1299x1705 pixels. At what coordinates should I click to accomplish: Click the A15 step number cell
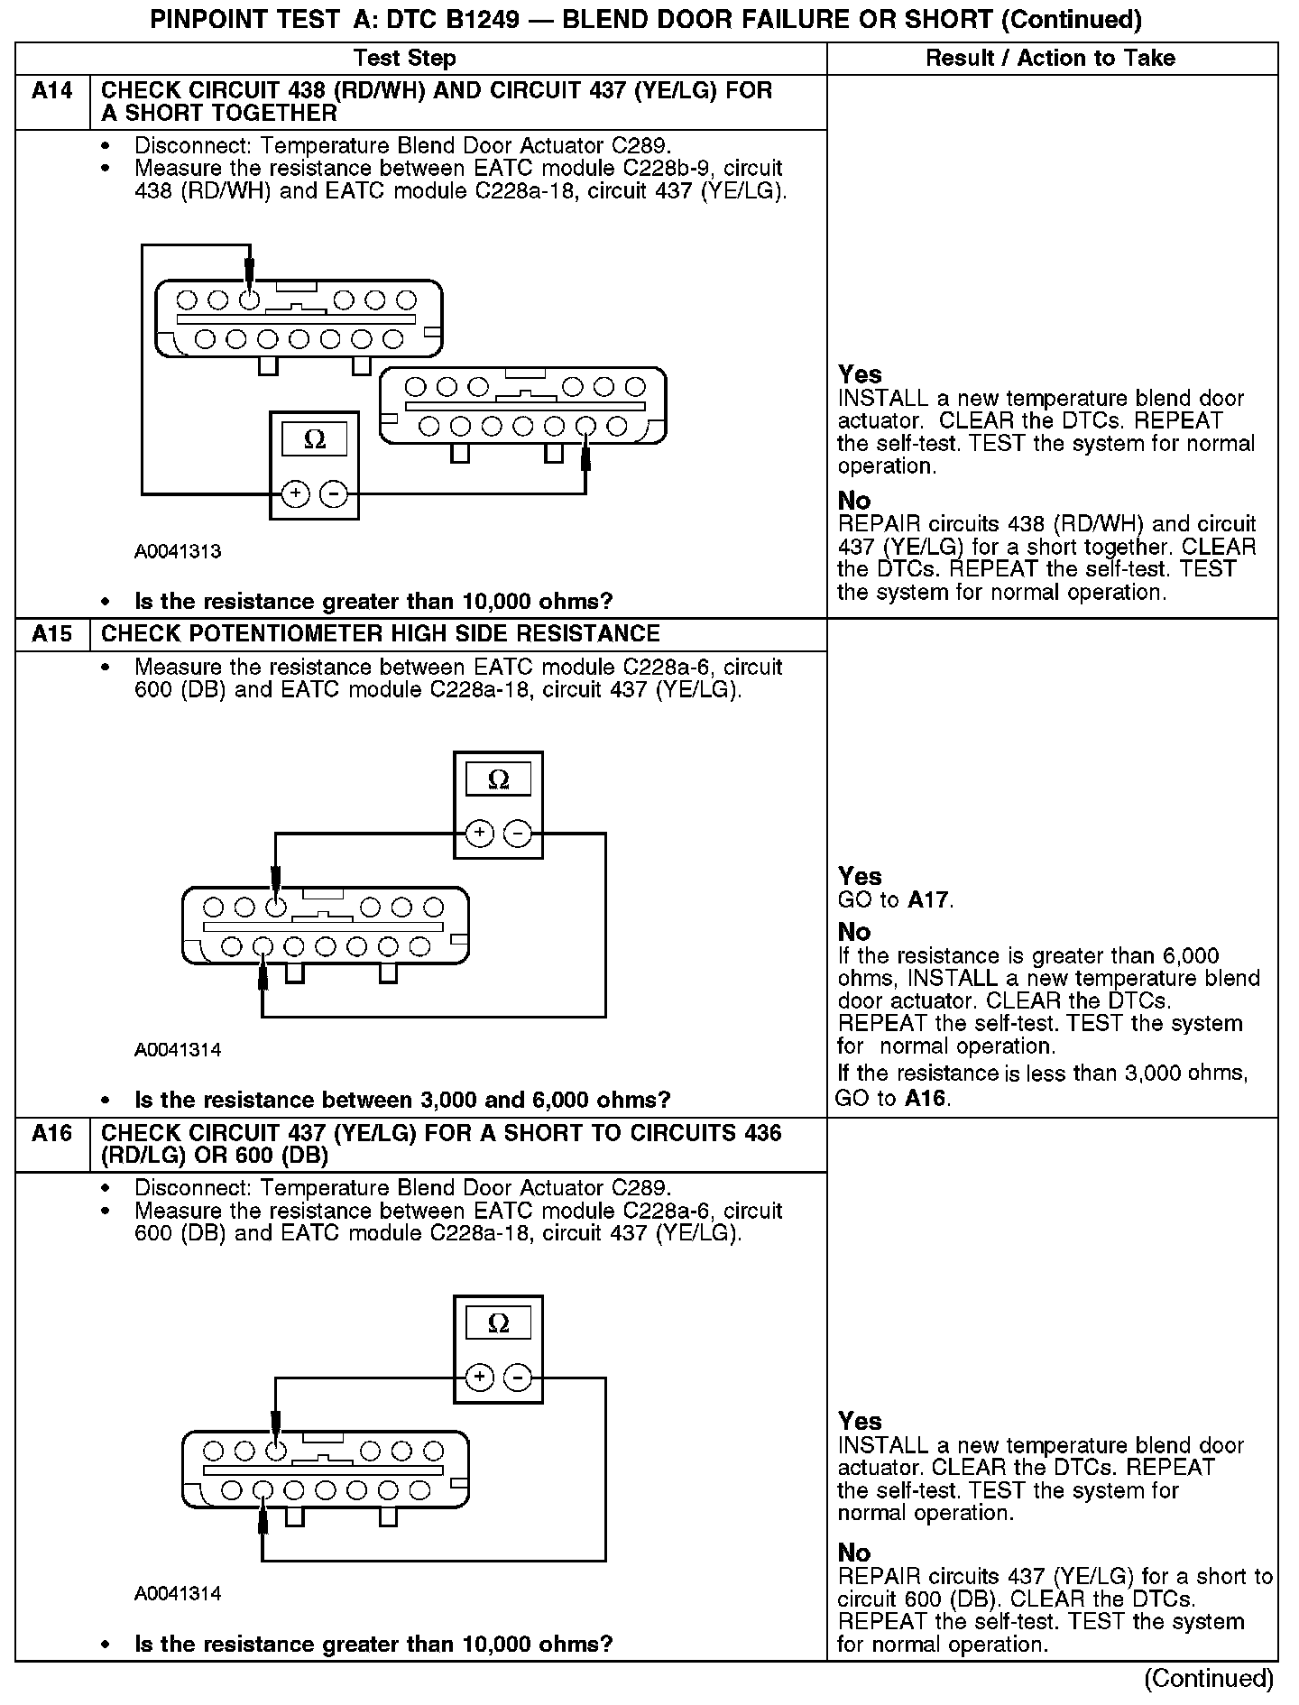pos(52,634)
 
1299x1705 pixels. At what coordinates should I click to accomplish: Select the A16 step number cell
pos(52,1133)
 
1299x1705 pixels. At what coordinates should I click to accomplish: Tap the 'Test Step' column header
pos(405,59)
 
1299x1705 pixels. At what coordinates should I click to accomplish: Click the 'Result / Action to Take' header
pos(1051,59)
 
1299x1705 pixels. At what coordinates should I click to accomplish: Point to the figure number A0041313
pos(178,551)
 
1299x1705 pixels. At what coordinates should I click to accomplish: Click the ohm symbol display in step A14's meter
pos(314,439)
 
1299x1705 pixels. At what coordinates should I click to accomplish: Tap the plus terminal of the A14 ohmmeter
pos(296,493)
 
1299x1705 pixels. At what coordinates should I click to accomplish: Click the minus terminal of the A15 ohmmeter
pos(517,833)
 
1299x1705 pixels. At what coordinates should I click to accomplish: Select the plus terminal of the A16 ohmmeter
pos(479,1378)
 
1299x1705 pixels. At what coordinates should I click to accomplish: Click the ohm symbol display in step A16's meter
pos(498,1323)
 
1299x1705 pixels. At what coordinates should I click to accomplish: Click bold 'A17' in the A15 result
pos(929,899)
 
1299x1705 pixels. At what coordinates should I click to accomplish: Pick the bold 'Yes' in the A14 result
pos(860,374)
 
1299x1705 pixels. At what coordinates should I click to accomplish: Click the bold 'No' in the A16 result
pos(854,1553)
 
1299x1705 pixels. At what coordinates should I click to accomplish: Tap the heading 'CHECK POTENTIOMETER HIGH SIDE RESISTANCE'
pos(380,634)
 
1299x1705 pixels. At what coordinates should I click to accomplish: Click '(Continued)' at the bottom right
pos(1209,1679)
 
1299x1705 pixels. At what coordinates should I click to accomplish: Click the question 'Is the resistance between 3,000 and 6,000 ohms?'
pos(402,1100)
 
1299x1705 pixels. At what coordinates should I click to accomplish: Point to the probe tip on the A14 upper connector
pos(250,287)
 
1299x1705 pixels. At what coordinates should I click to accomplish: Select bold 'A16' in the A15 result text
pos(927,1098)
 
